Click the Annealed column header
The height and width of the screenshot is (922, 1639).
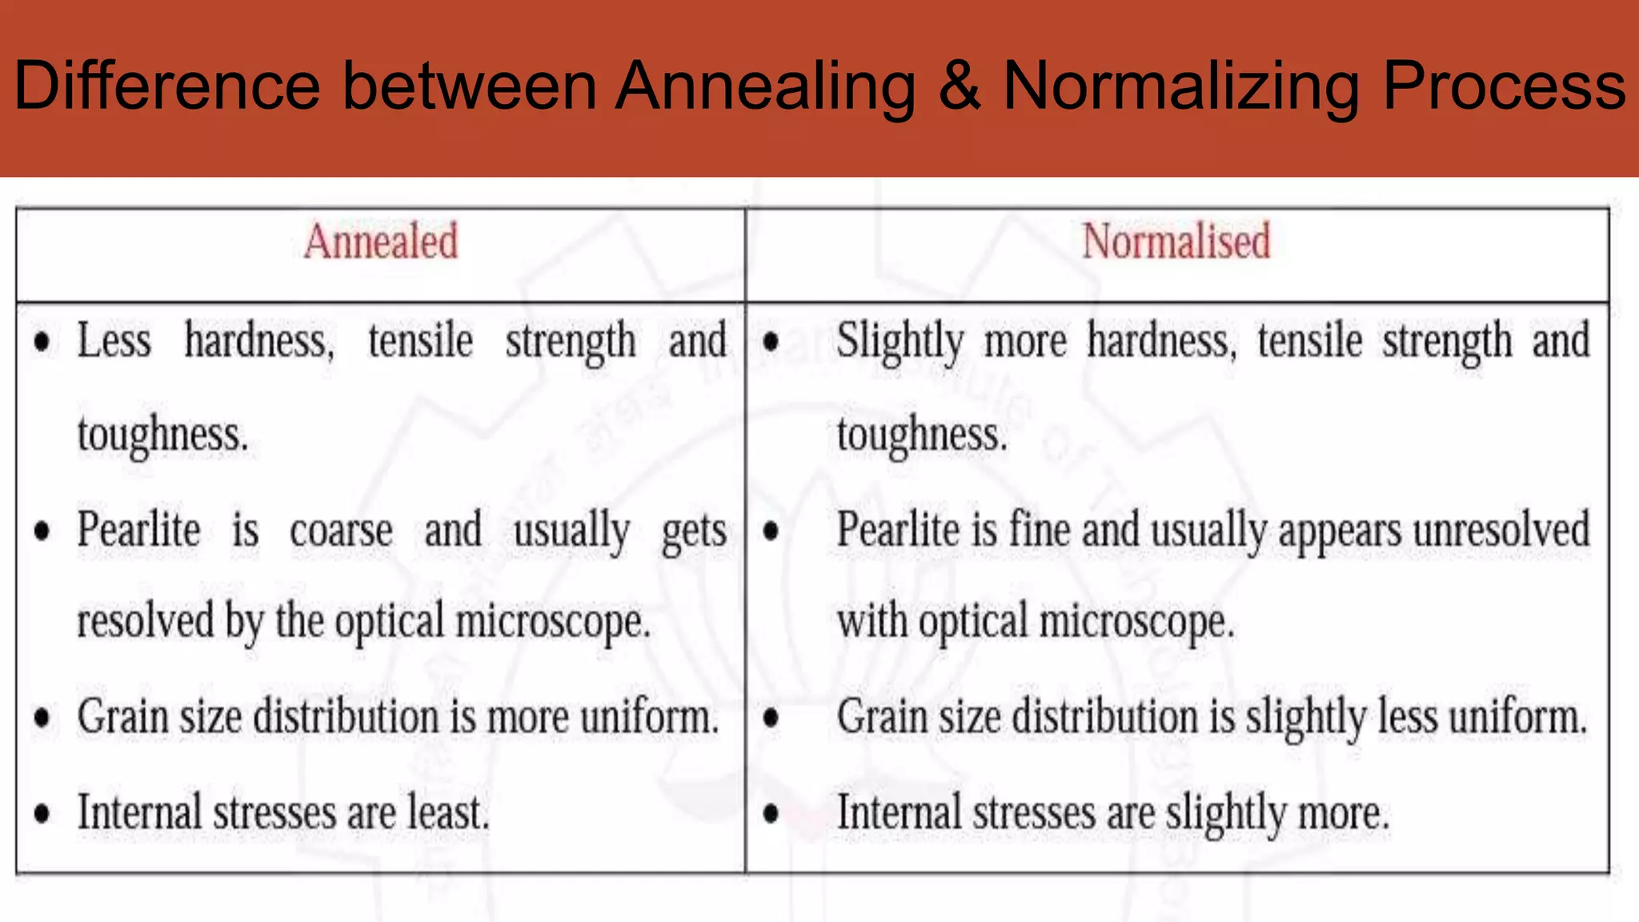(x=381, y=242)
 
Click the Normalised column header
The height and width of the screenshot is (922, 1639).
(x=1176, y=242)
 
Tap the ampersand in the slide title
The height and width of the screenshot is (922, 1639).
(x=959, y=86)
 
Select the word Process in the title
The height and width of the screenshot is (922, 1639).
(x=1504, y=86)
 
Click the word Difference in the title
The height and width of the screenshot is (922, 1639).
(x=167, y=86)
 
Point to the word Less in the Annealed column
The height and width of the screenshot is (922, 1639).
(x=114, y=341)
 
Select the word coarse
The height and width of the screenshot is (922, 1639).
(x=341, y=531)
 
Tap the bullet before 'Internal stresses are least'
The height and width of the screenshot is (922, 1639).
(x=42, y=814)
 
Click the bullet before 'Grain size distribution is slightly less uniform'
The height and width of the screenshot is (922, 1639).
(x=771, y=718)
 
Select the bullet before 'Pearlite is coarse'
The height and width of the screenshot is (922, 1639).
(x=42, y=531)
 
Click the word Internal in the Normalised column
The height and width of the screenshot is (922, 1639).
(x=898, y=812)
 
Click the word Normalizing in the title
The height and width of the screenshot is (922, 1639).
(x=1181, y=86)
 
